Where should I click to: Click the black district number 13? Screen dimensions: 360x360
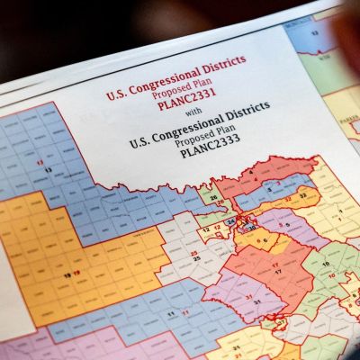click(47, 169)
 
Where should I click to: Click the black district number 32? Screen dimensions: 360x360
click(303, 194)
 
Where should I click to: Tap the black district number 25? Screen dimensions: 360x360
click(193, 256)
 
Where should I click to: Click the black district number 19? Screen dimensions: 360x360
click(67, 271)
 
